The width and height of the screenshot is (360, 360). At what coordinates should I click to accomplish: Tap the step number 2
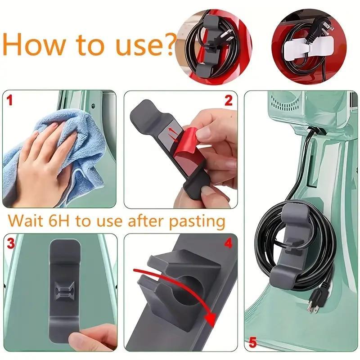point(228,100)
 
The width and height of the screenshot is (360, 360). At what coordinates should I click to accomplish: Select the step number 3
point(10,244)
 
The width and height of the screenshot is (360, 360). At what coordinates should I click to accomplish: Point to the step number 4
point(228,243)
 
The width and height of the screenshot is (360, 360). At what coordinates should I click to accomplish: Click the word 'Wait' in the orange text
point(27,221)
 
